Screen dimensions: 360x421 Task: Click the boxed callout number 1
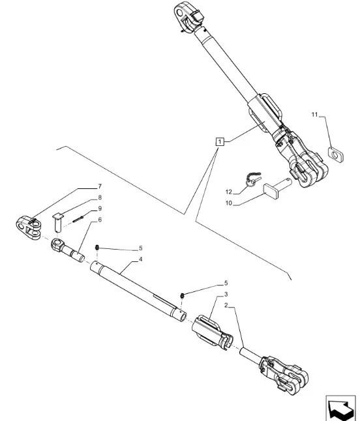pyautogui.click(x=220, y=141)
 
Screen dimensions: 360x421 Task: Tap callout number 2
pyautogui.click(x=226, y=306)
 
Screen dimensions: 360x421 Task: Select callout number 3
pyautogui.click(x=226, y=295)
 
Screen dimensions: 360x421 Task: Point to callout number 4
pyautogui.click(x=140, y=259)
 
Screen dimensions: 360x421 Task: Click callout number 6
pyautogui.click(x=100, y=220)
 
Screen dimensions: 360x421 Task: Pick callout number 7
pyautogui.click(x=100, y=186)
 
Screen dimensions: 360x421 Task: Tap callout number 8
pyautogui.click(x=100, y=197)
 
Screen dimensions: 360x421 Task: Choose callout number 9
pyautogui.click(x=100, y=209)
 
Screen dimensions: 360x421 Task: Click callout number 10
pyautogui.click(x=229, y=203)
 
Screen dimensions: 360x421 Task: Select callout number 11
pyautogui.click(x=314, y=115)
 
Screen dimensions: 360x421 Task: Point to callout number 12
pyautogui.click(x=229, y=192)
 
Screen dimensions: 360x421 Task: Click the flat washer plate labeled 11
pyautogui.click(x=336, y=154)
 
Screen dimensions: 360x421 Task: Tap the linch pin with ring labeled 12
pyautogui.click(x=252, y=179)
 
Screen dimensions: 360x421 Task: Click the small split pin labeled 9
pyautogui.click(x=78, y=219)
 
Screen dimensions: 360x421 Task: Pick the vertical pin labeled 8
pyautogui.click(x=57, y=223)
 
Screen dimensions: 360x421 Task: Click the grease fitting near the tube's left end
pyautogui.click(x=97, y=248)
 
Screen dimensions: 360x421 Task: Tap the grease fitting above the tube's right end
pyautogui.click(x=183, y=296)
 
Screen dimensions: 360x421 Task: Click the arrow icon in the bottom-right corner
pyautogui.click(x=340, y=408)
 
